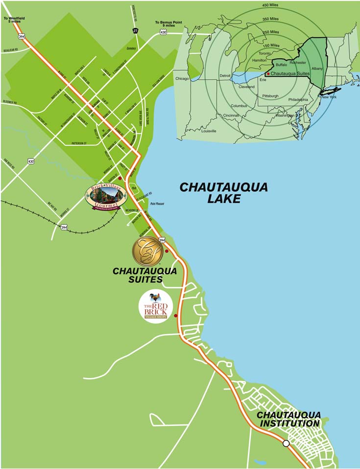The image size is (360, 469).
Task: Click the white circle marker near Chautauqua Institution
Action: pyautogui.click(x=286, y=444)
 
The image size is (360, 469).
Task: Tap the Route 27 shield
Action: pyautogui.click(x=135, y=30)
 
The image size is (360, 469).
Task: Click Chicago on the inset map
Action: pyautogui.click(x=182, y=78)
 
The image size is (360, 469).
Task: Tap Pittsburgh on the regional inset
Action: pyautogui.click(x=270, y=96)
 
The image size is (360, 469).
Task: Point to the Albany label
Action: pyautogui.click(x=317, y=69)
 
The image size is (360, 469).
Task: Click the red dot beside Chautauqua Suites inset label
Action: pyautogui.click(x=267, y=73)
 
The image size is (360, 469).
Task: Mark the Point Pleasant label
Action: pyautogui.click(x=157, y=204)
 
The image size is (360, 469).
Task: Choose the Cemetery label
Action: pyautogui.click(x=144, y=48)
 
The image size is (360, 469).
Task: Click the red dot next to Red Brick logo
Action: pyautogui.click(x=175, y=316)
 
